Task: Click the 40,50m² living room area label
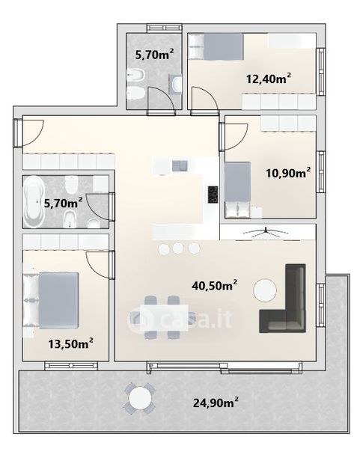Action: pyautogui.click(x=215, y=285)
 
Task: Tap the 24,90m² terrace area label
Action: pyautogui.click(x=216, y=403)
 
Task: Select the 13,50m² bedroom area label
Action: pyautogui.click(x=70, y=343)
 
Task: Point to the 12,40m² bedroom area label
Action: pyautogui.click(x=269, y=78)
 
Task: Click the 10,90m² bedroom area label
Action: pyautogui.click(x=288, y=173)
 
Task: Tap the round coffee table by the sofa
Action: pyautogui.click(x=265, y=290)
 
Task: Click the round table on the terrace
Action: pyautogui.click(x=140, y=398)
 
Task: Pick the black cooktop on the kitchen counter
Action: pyautogui.click(x=213, y=195)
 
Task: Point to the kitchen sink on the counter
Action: pyautogui.click(x=180, y=166)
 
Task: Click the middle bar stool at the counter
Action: pyautogui.click(x=178, y=248)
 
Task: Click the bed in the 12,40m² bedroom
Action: pyautogui.click(x=216, y=46)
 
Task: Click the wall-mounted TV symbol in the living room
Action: pyautogui.click(x=266, y=233)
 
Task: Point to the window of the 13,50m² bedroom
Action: pyautogui.click(x=71, y=366)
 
